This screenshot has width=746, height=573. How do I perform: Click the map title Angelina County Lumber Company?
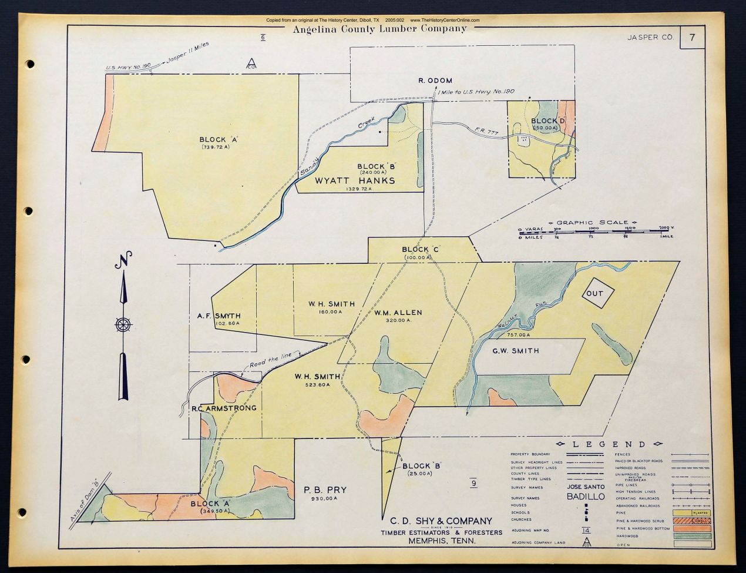tap(379, 28)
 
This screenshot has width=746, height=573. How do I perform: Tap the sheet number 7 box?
tap(693, 38)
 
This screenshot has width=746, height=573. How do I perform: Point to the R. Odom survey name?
tap(435, 81)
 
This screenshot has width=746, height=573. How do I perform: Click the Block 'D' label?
tap(548, 122)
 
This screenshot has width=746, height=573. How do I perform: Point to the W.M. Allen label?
tap(398, 313)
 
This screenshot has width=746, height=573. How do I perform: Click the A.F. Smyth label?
tap(219, 316)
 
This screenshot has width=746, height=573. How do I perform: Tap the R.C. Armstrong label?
tap(224, 408)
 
